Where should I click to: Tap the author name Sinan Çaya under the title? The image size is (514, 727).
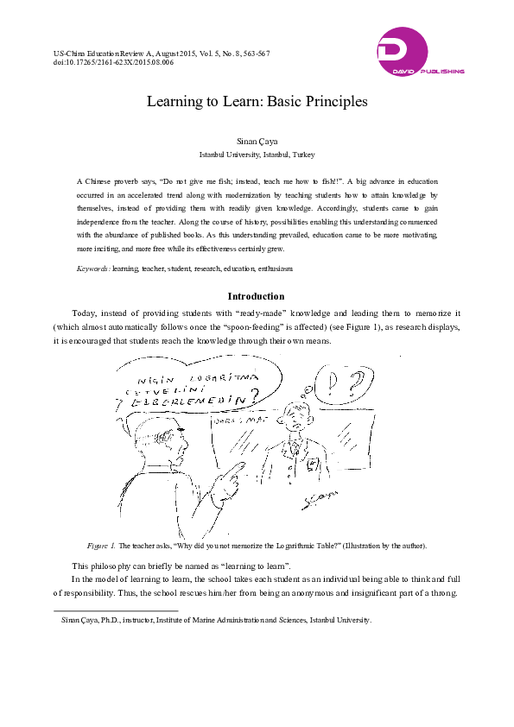pyautogui.click(x=257, y=140)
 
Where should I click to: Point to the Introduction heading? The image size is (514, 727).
pyautogui.click(x=256, y=296)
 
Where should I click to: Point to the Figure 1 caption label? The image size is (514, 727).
pyautogui.click(x=100, y=546)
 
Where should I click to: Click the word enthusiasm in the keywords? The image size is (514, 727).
pyautogui.click(x=276, y=269)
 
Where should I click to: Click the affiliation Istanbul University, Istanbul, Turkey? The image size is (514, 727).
pyautogui.click(x=257, y=155)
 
